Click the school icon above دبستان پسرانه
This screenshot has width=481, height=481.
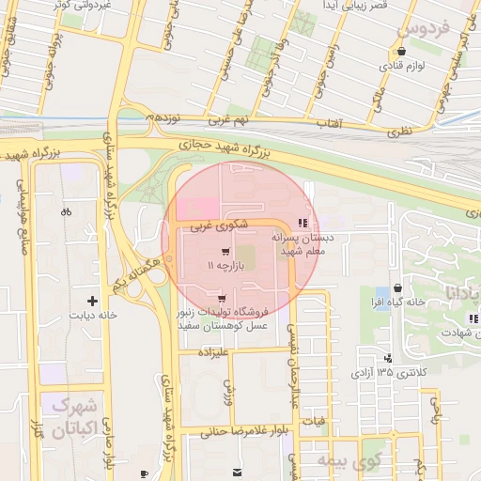coord(302,223)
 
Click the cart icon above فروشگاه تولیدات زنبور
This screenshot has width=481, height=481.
coord(222,299)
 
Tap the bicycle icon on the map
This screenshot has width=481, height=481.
coord(66,211)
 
